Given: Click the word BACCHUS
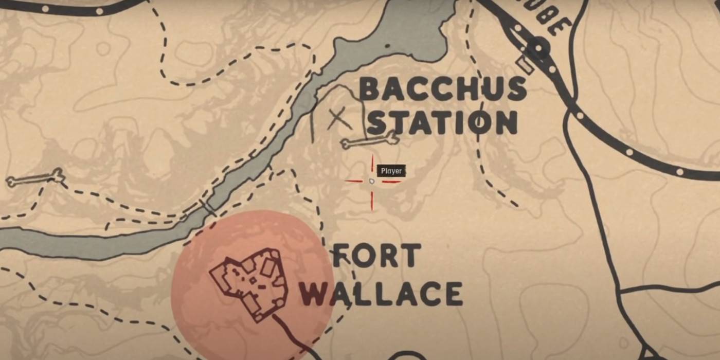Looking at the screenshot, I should click(442, 89).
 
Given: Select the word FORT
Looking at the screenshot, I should click(377, 256).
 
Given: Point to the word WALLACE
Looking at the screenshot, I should click(381, 295).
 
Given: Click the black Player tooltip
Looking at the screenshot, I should click(391, 171).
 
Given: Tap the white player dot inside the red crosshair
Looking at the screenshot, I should click(372, 181).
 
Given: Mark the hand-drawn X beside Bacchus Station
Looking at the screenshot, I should click(339, 119).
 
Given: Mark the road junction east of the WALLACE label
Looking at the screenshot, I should click(621, 292).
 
